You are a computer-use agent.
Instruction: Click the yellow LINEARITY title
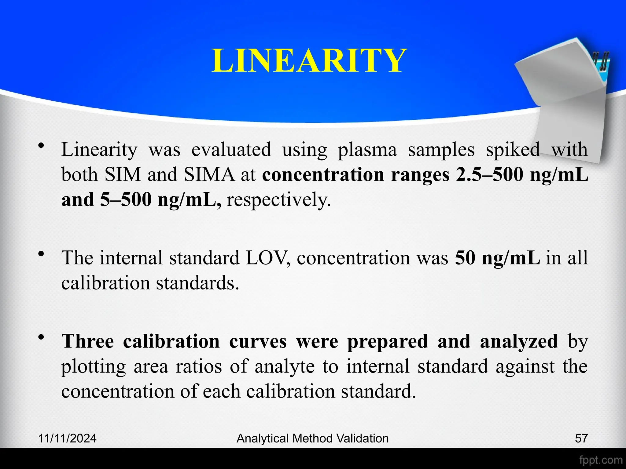coord(309,61)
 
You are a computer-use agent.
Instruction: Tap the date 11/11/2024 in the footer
coord(68,438)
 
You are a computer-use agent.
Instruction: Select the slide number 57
coord(581,438)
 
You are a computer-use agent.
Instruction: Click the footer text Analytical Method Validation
coord(312,438)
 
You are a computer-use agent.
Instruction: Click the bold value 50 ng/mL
coord(497,257)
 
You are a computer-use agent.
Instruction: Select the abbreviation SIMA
coord(209,175)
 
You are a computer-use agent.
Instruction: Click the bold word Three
coord(87,341)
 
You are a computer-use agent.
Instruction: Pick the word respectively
coord(278,200)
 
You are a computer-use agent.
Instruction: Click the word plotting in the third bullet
coord(93,367)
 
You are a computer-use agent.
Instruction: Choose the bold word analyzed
coord(519,341)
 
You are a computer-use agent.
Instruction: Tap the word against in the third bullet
coord(525,366)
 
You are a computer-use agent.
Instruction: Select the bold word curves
coord(258,341)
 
